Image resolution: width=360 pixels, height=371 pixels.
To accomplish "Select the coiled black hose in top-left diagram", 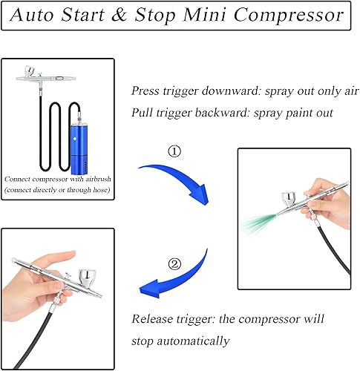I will pyautogui.click(x=45, y=130).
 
